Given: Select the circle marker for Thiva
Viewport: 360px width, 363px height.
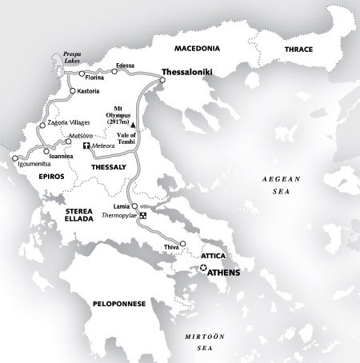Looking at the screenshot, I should (183, 244).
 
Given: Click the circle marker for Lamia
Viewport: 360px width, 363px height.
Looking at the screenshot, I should (134, 207).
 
